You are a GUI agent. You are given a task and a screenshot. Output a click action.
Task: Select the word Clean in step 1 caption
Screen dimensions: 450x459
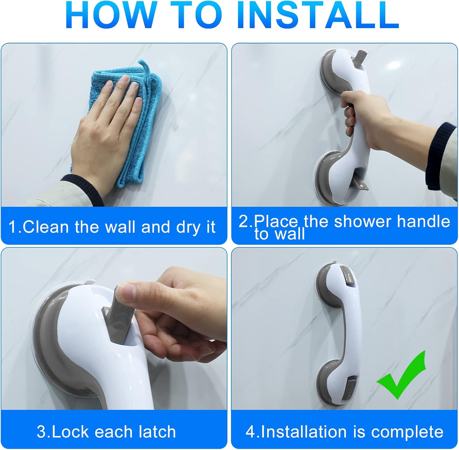click(x=46, y=227)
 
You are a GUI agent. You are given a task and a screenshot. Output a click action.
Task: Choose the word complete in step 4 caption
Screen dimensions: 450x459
click(x=407, y=432)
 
